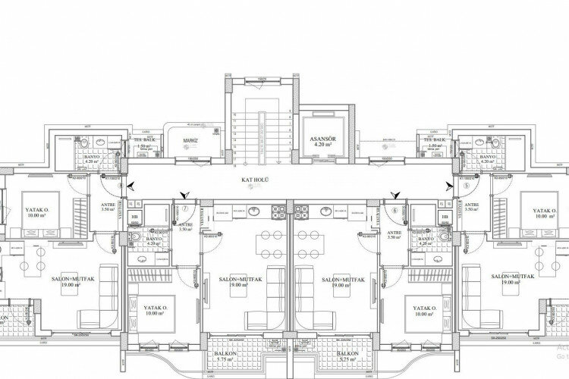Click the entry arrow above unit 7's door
[x=181, y=196]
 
